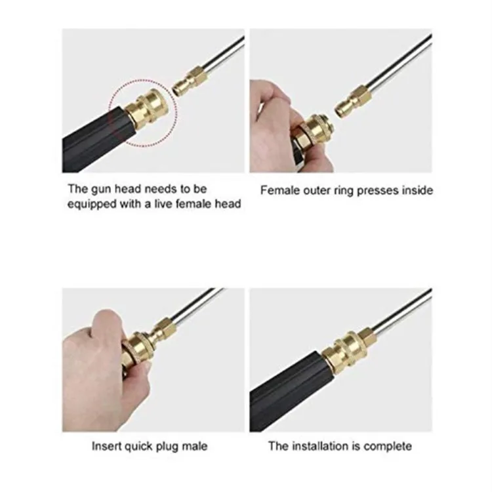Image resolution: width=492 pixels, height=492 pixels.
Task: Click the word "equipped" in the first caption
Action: point(91,204)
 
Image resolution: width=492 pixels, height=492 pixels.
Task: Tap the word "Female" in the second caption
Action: point(279,190)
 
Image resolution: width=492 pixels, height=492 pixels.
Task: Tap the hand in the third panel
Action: point(98,367)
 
